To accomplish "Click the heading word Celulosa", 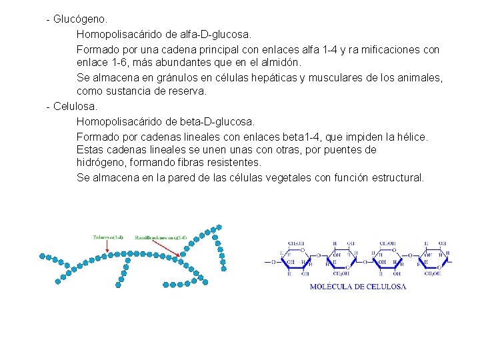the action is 75,107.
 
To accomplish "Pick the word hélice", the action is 410,137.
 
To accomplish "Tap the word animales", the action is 421,77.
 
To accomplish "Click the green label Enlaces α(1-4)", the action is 108,237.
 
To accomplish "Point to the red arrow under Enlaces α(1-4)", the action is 107,246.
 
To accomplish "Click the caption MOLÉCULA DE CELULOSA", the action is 358,287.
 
